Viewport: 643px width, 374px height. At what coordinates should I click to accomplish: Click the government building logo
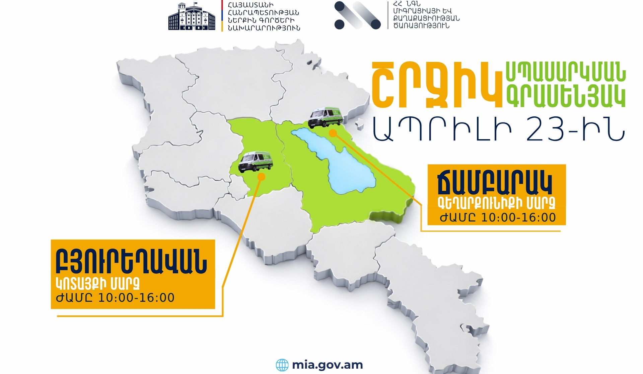click(x=192, y=17)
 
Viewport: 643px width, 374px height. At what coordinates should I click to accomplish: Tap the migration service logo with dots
click(x=357, y=15)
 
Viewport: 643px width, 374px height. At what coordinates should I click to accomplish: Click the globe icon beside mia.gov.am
click(x=282, y=365)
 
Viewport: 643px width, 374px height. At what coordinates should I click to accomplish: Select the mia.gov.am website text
click(x=327, y=365)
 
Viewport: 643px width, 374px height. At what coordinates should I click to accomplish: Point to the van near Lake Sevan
click(x=326, y=117)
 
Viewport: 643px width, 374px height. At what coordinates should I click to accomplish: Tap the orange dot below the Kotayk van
click(x=261, y=177)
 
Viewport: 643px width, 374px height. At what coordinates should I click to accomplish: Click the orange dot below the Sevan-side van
click(x=333, y=133)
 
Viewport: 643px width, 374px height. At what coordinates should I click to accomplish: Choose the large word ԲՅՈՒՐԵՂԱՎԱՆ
click(x=131, y=262)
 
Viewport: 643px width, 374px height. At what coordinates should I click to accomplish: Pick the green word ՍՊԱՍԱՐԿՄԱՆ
click(x=565, y=72)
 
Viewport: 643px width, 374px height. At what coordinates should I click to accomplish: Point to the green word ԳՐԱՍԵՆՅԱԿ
click(x=565, y=96)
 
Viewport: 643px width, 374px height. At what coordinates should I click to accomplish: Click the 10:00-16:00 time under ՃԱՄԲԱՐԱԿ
click(x=518, y=218)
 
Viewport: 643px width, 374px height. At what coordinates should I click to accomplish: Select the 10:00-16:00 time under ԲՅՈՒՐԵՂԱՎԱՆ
click(x=136, y=298)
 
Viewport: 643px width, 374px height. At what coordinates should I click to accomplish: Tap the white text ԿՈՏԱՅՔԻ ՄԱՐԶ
click(x=97, y=284)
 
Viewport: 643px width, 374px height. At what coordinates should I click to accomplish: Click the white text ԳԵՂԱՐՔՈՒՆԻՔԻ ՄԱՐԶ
click(x=496, y=202)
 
